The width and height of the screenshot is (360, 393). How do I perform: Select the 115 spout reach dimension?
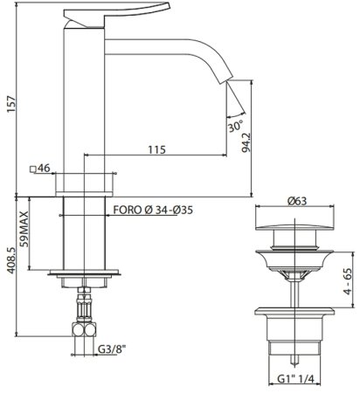(x=156, y=150)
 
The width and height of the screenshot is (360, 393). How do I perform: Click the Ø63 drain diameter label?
(x=297, y=202)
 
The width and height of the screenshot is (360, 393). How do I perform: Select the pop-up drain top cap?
(x=291, y=237)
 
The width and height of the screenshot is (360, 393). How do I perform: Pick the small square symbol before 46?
(x=31, y=168)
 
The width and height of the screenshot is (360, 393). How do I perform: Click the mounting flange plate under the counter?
(x=85, y=272)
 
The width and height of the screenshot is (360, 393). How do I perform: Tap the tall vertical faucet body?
(x=84, y=105)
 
